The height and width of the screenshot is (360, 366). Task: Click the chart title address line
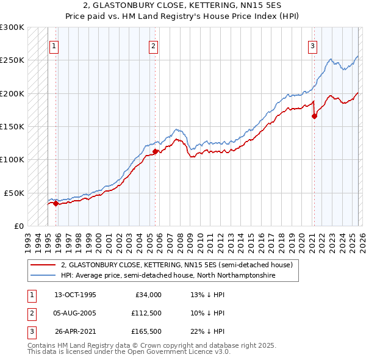pyautogui.click(x=183, y=5)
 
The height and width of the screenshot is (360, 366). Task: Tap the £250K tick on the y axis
pyautogui.click(x=12, y=60)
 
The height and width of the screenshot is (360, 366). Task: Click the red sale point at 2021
pyautogui.click(x=314, y=117)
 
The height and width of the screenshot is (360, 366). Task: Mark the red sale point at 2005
pyautogui.click(x=155, y=151)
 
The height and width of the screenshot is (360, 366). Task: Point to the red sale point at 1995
pyautogui.click(x=56, y=203)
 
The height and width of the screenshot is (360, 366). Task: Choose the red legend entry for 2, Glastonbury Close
pyautogui.click(x=177, y=265)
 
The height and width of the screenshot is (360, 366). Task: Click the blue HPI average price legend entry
pyautogui.click(x=168, y=276)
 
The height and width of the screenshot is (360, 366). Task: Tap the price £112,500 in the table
pyautogui.click(x=146, y=313)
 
